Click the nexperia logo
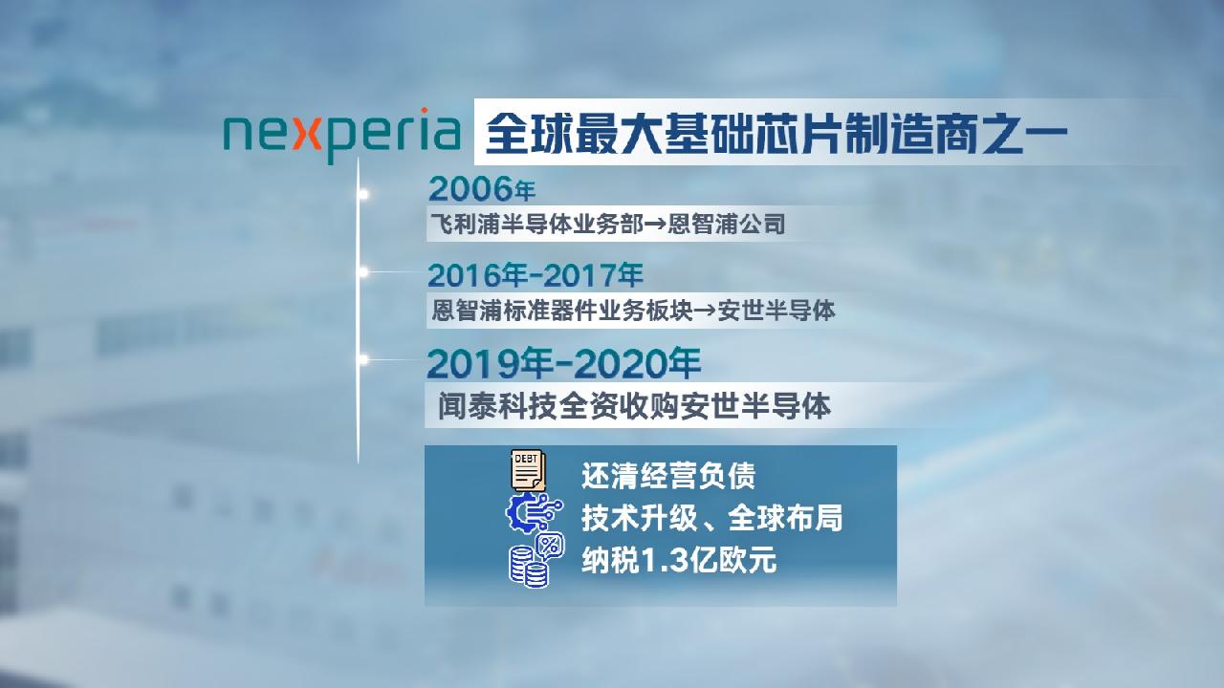click(x=342, y=136)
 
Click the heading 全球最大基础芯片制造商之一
click(x=776, y=134)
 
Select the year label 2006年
click(x=481, y=189)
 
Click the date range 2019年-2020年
click(x=563, y=363)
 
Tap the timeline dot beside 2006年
click(x=362, y=194)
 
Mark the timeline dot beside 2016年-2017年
click(x=362, y=272)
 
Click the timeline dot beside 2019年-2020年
click(x=362, y=359)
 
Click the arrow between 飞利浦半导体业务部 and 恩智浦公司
click(x=655, y=225)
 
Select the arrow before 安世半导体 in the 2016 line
click(x=706, y=312)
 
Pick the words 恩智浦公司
click(x=726, y=224)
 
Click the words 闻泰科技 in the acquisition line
click(x=497, y=406)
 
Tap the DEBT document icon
click(x=527, y=469)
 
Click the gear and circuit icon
click(x=534, y=513)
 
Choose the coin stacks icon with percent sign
click(x=536, y=560)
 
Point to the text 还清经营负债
click(x=668, y=476)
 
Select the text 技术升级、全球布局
click(x=711, y=518)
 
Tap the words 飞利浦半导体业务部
click(x=536, y=224)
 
